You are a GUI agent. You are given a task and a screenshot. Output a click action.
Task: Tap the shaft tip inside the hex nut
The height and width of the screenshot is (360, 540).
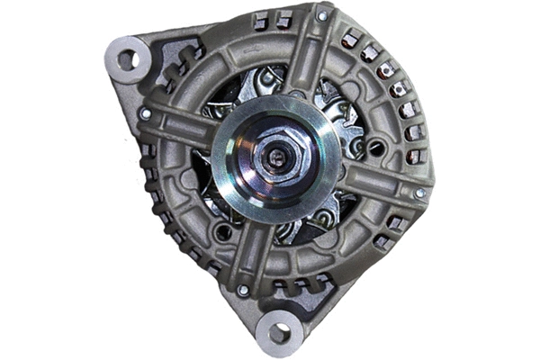278,158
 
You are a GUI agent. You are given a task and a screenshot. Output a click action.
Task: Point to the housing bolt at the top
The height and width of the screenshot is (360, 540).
321,16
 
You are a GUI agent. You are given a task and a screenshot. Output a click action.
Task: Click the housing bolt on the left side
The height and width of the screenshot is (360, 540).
145,114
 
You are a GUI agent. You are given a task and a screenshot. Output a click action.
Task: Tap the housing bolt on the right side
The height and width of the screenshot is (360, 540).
418,193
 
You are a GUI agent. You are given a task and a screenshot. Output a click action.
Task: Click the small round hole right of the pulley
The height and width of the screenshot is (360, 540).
373,146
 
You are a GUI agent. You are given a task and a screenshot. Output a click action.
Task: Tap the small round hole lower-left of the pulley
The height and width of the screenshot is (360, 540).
222,231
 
